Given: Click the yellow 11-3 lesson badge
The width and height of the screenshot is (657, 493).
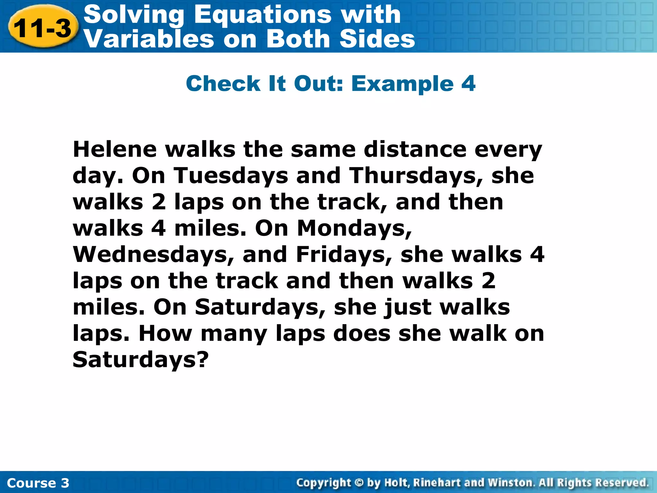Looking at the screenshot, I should pyautogui.click(x=43, y=28).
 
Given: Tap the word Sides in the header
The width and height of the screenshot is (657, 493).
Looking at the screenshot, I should pyautogui.click(x=377, y=39).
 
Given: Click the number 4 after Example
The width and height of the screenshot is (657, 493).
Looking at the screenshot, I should pyautogui.click(x=468, y=83).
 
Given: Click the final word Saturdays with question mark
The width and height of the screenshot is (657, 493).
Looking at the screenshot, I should pyautogui.click(x=141, y=360).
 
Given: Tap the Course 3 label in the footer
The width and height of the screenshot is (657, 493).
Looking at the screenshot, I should pyautogui.click(x=38, y=483).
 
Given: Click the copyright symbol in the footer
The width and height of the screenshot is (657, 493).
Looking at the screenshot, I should pyautogui.click(x=359, y=482).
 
